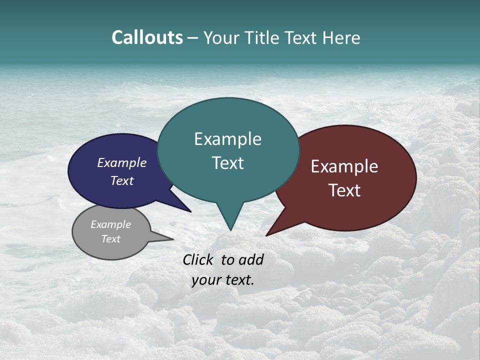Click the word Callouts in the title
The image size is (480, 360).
click(x=147, y=38)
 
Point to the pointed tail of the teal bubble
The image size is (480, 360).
click(x=230, y=227)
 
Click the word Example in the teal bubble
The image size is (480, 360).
click(x=227, y=139)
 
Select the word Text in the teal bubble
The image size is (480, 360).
click(x=227, y=163)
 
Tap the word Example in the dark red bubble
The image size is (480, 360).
click(x=344, y=166)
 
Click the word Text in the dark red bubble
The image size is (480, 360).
click(x=344, y=190)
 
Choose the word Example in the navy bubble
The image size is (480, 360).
click(x=121, y=162)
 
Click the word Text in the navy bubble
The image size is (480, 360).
click(x=121, y=180)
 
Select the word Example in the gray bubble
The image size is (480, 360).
click(x=110, y=224)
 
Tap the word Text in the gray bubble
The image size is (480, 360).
click(x=110, y=239)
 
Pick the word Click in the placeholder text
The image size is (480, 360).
click(x=198, y=259)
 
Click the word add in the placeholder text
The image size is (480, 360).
click(x=251, y=259)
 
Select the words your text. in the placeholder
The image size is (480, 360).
click(x=223, y=280)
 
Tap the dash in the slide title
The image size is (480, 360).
click(x=193, y=38)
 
